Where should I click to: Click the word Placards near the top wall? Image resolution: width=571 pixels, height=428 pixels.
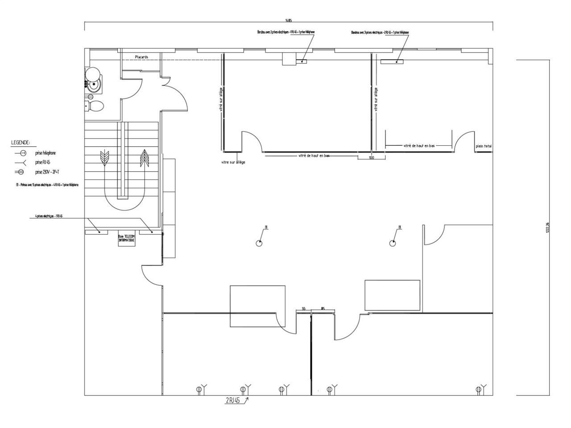click(141, 57)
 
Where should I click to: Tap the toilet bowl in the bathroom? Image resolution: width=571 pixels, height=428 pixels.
click(95, 106)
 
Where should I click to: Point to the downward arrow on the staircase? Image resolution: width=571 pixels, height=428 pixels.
click(104, 158)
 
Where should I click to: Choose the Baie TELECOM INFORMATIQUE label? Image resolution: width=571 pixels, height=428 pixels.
click(126, 239)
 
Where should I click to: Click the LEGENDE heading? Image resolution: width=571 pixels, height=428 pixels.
click(21, 143)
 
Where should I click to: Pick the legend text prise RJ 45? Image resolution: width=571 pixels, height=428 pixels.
click(43, 162)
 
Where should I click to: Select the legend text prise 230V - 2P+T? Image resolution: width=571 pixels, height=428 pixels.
click(47, 172)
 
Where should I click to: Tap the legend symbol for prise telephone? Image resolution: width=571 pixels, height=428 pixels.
click(20, 153)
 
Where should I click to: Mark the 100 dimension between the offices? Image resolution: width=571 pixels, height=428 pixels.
click(371, 157)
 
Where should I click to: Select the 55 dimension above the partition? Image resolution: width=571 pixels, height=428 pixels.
click(303, 309)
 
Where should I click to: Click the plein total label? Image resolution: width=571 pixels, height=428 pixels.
click(484, 146)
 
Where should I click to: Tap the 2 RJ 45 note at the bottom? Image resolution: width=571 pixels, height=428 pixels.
click(233, 400)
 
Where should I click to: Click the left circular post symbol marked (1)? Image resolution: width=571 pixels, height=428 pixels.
click(259, 243)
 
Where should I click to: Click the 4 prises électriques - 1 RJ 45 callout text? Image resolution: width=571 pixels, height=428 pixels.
click(49, 216)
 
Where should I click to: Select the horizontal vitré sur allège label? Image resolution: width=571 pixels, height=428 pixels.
click(233, 162)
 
